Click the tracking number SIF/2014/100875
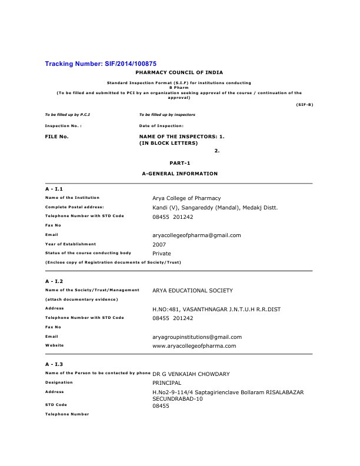coord(101,63)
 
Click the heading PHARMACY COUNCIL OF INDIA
coord(180,71)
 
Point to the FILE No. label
coord(57,137)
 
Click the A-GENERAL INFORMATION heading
coord(180,174)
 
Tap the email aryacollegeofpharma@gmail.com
coord(196,235)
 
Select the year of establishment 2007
coord(159,244)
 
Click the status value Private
coord(162,253)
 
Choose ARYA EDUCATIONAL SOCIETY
coord(192,291)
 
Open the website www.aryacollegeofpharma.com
coord(194,346)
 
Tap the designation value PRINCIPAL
coord(168,382)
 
